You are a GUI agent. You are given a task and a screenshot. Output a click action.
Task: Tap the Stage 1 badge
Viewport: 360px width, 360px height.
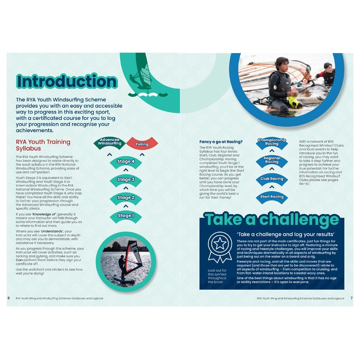click(x=126, y=216)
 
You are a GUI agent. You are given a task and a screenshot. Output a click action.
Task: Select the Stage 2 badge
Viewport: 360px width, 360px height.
click(x=126, y=198)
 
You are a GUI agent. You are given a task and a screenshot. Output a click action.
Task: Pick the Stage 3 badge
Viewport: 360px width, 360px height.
click(x=126, y=180)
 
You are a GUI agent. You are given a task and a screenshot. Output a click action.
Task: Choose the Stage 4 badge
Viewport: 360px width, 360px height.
click(x=126, y=161)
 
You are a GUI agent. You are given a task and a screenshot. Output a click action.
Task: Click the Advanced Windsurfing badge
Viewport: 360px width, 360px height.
click(x=110, y=142)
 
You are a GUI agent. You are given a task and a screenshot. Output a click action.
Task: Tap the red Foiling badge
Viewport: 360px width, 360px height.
click(x=142, y=144)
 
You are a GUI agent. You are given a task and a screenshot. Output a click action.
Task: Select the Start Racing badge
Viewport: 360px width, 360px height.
click(x=272, y=197)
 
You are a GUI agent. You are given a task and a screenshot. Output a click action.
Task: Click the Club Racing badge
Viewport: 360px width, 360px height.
click(x=272, y=179)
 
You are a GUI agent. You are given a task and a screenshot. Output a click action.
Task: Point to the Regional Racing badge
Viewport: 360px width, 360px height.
click(x=272, y=160)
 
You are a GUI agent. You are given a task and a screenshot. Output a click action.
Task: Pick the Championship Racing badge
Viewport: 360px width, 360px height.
click(x=272, y=142)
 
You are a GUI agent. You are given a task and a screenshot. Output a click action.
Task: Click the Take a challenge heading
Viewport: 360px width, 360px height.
click(x=271, y=220)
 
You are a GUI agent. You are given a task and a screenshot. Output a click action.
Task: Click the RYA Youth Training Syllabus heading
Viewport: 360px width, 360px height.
click(x=42, y=145)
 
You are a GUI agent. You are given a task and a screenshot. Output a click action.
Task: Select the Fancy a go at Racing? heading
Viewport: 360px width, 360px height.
click(x=221, y=142)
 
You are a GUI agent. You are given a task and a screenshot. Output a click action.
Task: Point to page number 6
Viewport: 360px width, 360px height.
click(x=8, y=298)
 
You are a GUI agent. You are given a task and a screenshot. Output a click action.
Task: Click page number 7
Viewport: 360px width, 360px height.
click(x=351, y=298)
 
